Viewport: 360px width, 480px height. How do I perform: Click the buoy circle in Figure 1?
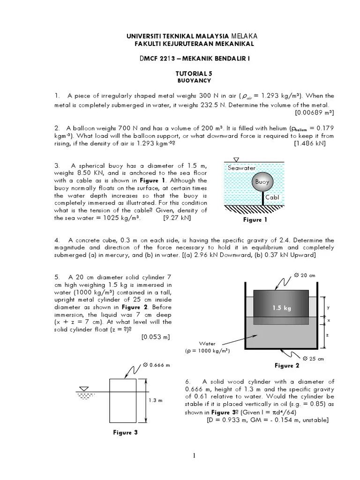coord(262,183)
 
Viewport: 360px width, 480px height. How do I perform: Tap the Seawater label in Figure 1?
coord(241,168)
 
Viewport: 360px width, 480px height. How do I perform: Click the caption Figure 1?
coord(255,219)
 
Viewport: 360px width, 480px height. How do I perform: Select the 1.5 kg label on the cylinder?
coord(281,308)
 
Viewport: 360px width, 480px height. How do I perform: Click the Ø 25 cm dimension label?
coord(313,359)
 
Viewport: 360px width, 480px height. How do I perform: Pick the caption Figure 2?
coord(287,366)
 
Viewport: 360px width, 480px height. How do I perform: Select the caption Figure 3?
coord(125,433)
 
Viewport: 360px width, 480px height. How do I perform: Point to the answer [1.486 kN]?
coord(309,143)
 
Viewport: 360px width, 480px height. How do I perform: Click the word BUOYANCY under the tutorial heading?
coord(190,81)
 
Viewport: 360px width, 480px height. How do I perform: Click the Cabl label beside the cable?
coord(272,197)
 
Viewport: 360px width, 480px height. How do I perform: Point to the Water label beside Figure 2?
coord(207,344)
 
